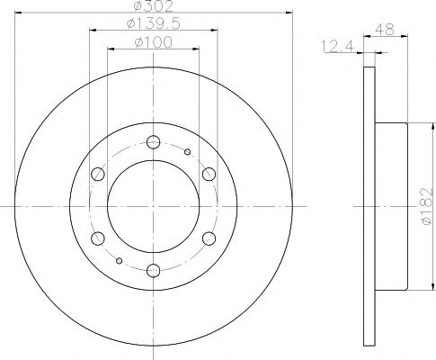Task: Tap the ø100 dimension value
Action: tap(150, 41)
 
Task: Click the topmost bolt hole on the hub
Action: tap(151, 140)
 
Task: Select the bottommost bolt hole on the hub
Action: tap(151, 269)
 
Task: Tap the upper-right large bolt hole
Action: tap(208, 174)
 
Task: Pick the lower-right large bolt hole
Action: tap(208, 238)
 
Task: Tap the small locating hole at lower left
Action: tap(119, 261)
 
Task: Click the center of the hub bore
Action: tap(151, 205)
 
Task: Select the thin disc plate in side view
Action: tap(368, 205)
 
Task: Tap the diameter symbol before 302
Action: tap(133, 6)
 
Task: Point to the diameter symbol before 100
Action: tap(134, 41)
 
